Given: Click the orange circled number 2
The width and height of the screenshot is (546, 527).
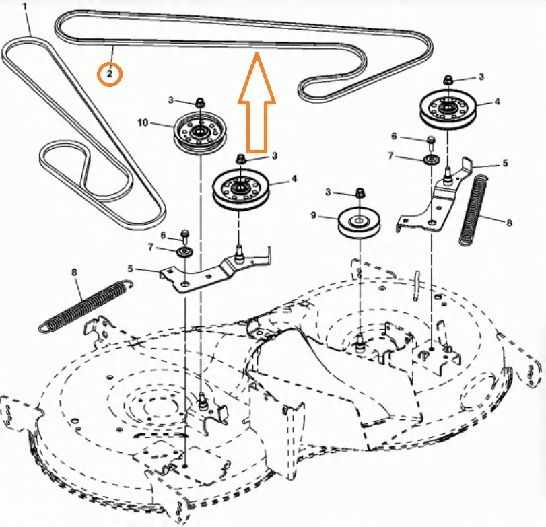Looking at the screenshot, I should pos(110,73).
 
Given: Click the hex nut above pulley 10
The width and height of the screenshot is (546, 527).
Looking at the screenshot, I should pos(200,102).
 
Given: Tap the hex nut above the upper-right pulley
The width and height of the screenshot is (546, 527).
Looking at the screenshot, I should pos(448,81).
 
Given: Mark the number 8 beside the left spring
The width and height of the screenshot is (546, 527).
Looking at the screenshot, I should pos(73,273).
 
